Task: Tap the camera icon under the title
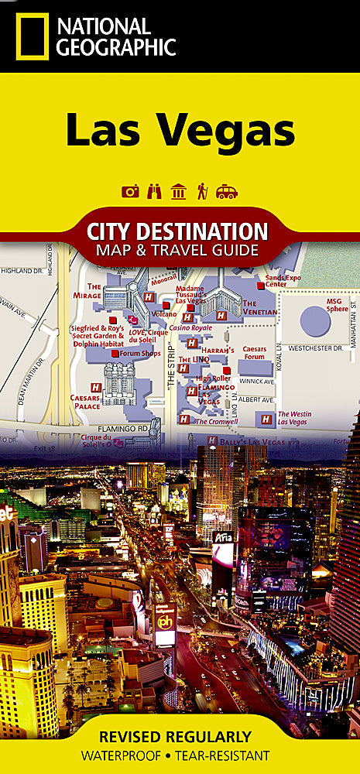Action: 130,191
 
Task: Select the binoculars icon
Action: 154,191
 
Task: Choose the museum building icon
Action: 178,191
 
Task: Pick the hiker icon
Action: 202,191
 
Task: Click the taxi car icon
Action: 226,191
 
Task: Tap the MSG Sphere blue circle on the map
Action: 315,320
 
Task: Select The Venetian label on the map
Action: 259,307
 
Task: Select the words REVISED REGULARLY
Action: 180,736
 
